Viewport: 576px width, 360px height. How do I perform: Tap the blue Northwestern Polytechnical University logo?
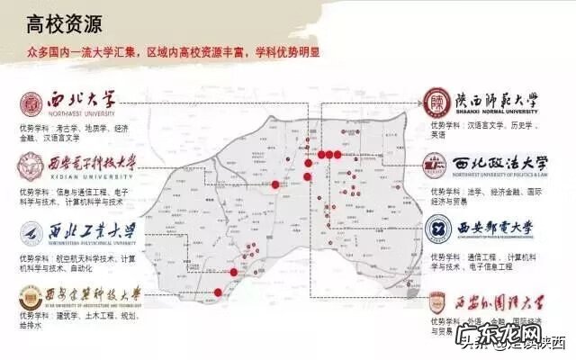(x=30, y=233)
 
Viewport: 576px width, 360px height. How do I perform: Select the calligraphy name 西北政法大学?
(x=501, y=164)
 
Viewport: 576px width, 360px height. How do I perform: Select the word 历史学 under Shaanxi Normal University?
(x=526, y=127)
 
